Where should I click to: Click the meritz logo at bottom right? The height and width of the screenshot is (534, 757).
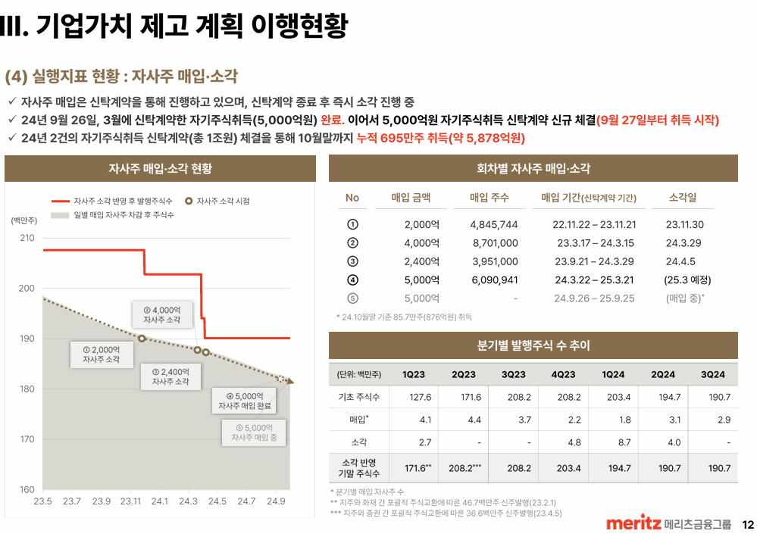pyautogui.click(x=633, y=524)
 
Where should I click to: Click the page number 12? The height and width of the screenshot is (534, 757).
pyautogui.click(x=747, y=524)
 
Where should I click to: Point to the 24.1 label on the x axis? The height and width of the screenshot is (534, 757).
pyautogui.click(x=160, y=501)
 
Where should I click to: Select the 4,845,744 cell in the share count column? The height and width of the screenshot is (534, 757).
pyautogui.click(x=493, y=225)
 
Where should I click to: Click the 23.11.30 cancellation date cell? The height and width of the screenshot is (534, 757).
pyautogui.click(x=684, y=225)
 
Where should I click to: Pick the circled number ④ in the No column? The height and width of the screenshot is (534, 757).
pyautogui.click(x=352, y=279)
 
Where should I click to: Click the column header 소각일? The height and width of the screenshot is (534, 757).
pyautogui.click(x=682, y=198)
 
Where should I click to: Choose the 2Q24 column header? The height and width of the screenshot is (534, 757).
pyautogui.click(x=662, y=374)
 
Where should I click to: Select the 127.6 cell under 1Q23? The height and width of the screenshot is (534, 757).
pyautogui.click(x=420, y=397)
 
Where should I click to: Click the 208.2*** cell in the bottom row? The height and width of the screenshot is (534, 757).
pyautogui.click(x=463, y=468)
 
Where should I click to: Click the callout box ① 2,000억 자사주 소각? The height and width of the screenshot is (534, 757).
pyautogui.click(x=101, y=354)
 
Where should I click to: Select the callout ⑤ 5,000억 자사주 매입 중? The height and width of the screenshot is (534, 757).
pyautogui.click(x=254, y=433)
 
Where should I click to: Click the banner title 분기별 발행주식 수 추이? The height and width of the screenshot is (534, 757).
pyautogui.click(x=533, y=345)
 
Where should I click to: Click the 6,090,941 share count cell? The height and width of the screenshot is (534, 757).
pyautogui.click(x=493, y=279)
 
